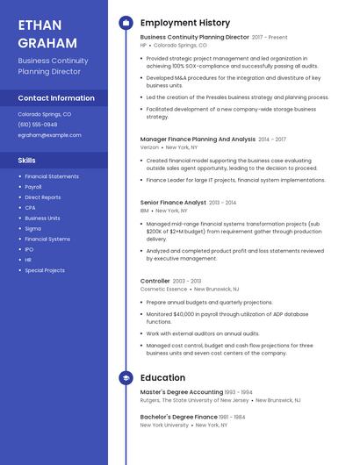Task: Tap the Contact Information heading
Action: click(56, 98)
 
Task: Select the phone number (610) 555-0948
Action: click(37, 125)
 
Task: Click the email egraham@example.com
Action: click(49, 135)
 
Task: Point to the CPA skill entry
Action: click(31, 208)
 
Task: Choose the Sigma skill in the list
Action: click(32, 228)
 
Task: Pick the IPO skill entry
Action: click(30, 249)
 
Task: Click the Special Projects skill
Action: click(45, 270)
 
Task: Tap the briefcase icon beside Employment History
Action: click(125, 22)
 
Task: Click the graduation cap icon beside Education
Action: click(125, 377)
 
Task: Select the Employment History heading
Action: click(185, 23)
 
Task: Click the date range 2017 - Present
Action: click(270, 38)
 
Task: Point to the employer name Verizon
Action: click(149, 147)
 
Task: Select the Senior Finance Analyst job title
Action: click(173, 203)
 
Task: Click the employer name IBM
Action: click(144, 211)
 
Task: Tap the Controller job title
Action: click(155, 281)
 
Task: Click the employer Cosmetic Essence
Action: click(164, 289)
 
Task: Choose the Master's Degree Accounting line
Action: click(182, 391)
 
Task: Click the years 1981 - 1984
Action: click(233, 417)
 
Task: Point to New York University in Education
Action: click(164, 425)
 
